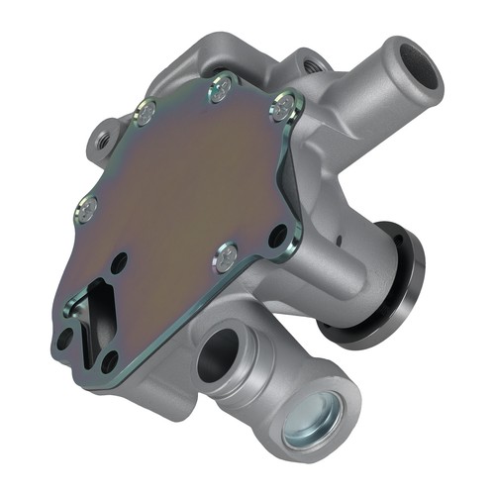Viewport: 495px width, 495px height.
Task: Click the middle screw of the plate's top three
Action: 220,93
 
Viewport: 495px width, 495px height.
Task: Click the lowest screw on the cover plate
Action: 226,257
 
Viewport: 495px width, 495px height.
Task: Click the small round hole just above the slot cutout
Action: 119,263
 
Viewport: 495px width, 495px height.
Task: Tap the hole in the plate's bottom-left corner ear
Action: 64,339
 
